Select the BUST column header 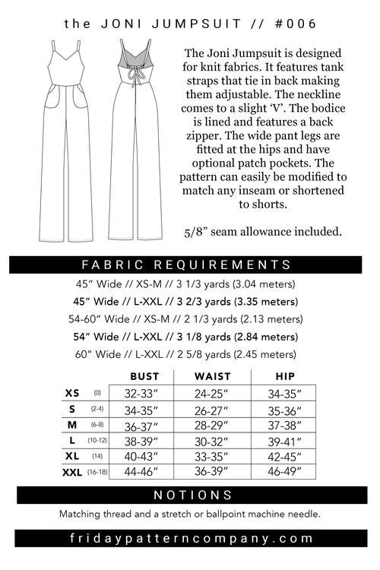pos(144,376)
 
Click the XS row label pos(72,394)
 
